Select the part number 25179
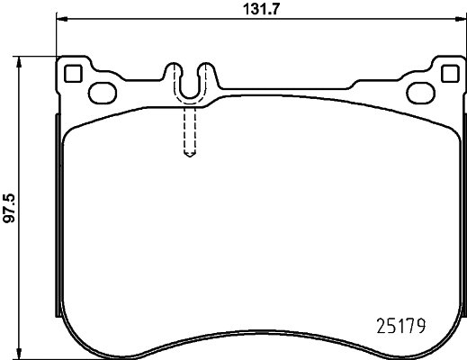coord(399,322)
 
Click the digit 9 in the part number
coord(419,322)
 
